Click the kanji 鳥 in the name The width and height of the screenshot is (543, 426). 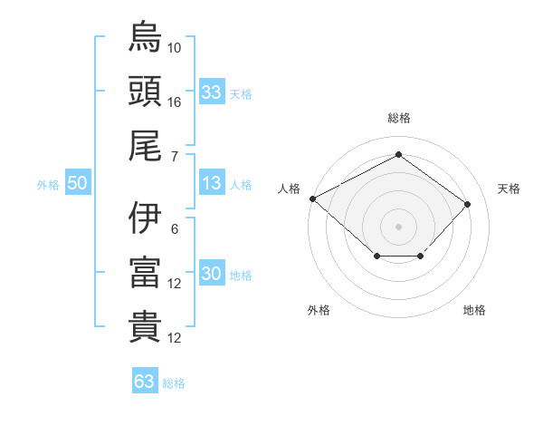(x=145, y=38)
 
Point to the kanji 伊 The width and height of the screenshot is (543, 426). (x=145, y=218)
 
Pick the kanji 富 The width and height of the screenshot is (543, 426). (x=145, y=273)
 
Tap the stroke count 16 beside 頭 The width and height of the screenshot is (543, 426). (x=175, y=102)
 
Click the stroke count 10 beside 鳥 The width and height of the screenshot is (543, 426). (x=175, y=47)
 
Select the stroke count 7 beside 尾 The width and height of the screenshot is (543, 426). (x=175, y=156)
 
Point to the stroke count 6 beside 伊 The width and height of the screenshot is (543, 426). (x=175, y=228)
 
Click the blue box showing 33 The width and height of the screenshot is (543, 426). (x=212, y=92)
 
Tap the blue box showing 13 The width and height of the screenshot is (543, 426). (x=212, y=183)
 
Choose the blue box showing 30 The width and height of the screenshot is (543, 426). (x=212, y=274)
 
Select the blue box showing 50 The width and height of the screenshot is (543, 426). (x=78, y=183)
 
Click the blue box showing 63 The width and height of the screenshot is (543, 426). (x=145, y=382)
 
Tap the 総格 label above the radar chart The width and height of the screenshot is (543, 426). (x=398, y=118)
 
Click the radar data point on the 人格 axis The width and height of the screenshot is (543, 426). (x=312, y=198)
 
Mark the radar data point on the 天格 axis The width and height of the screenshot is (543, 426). (x=467, y=204)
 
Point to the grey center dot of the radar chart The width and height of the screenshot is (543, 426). (x=398, y=226)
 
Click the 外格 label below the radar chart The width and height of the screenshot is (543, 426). (x=319, y=310)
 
